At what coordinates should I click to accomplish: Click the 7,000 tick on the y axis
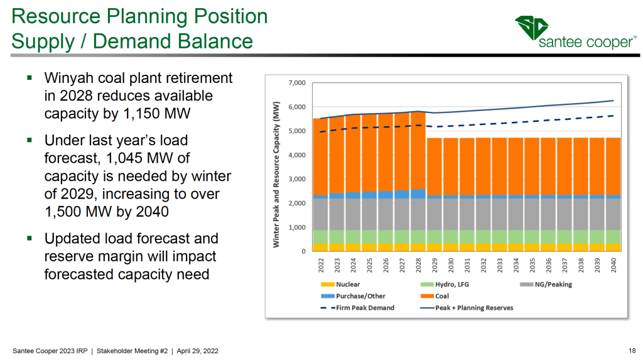[x=296, y=83]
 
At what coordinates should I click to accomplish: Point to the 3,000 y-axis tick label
[x=296, y=179]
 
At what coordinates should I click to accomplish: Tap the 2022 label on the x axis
[x=321, y=265]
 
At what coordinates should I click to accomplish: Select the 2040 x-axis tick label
[x=614, y=265]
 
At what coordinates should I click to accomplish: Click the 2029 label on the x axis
[x=435, y=265]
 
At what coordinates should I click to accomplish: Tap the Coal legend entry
[x=440, y=296]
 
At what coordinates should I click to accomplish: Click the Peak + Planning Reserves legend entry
[x=470, y=308]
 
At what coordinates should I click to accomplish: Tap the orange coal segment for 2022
[x=320, y=157]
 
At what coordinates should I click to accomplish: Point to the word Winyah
[x=68, y=79]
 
